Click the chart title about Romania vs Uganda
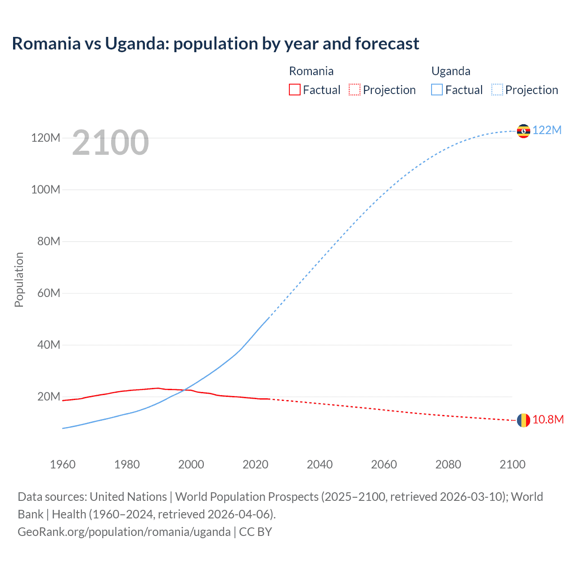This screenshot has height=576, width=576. [216, 44]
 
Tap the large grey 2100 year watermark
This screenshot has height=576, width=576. [110, 142]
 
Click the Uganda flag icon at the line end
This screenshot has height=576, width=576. [523, 131]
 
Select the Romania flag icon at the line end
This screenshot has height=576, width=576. [523, 420]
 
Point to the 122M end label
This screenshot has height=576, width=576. [547, 130]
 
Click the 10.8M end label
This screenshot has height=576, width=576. [548, 420]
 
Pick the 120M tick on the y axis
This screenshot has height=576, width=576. [45, 138]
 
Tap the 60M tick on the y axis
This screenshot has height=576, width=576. [48, 293]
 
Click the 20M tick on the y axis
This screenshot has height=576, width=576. [48, 396]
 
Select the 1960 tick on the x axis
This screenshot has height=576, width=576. [63, 464]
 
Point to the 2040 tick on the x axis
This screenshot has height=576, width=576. [319, 464]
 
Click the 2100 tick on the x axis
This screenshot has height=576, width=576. [512, 464]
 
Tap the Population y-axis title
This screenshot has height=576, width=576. [19, 279]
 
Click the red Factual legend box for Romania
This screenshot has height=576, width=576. [294, 90]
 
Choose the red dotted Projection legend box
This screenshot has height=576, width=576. [355, 90]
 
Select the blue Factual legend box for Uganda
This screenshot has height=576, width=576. [437, 90]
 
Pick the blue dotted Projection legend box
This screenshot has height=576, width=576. [497, 90]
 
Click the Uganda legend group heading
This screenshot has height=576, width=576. [450, 71]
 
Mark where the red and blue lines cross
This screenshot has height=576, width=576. [184, 390]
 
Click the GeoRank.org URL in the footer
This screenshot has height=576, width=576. [124, 532]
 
